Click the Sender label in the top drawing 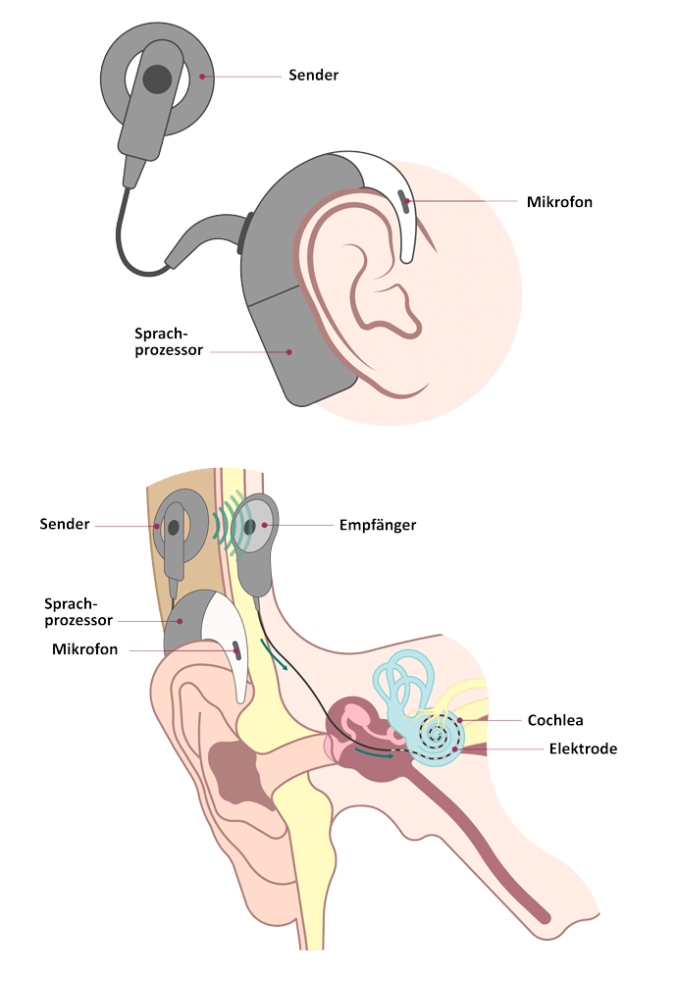click(x=314, y=75)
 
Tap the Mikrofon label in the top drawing click(x=560, y=202)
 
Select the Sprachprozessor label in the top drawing click(x=169, y=340)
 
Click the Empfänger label click(x=378, y=525)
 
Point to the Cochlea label click(x=555, y=720)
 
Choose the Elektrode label click(x=583, y=749)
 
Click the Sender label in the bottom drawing click(x=67, y=524)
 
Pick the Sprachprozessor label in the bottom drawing click(x=78, y=610)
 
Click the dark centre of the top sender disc click(x=155, y=76)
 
